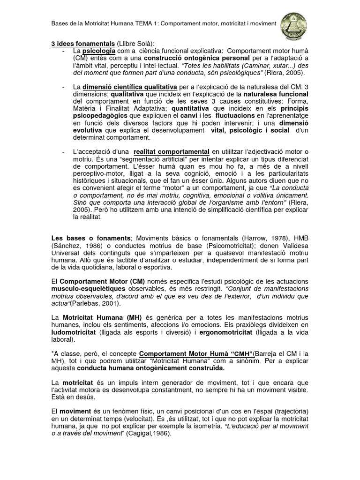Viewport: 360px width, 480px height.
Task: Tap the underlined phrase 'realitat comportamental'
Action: tap(171, 152)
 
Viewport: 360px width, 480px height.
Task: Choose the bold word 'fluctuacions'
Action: tap(230, 116)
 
